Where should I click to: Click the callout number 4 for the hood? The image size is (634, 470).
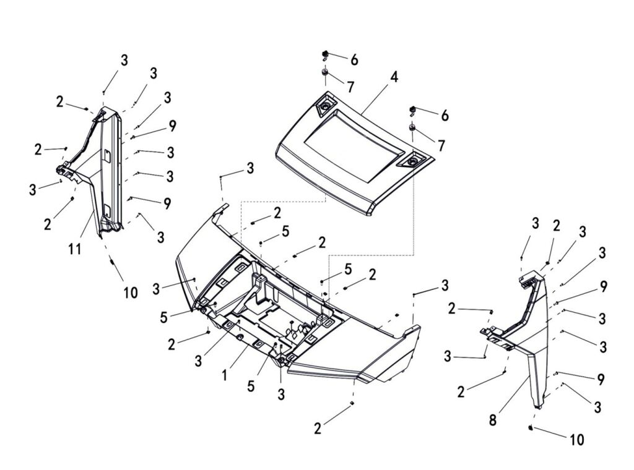394,78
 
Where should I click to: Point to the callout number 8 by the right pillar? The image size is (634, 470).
493,421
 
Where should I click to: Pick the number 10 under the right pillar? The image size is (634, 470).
576,440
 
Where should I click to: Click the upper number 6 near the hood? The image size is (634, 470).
354,60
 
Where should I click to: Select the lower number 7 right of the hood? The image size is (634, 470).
441,146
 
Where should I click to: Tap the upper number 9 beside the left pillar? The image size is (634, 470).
172,126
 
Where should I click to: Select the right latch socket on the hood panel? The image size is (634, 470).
410,161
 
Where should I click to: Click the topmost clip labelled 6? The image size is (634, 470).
324,56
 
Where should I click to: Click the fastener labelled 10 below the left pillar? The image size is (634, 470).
113,264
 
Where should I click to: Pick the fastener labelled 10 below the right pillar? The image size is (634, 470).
531,427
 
